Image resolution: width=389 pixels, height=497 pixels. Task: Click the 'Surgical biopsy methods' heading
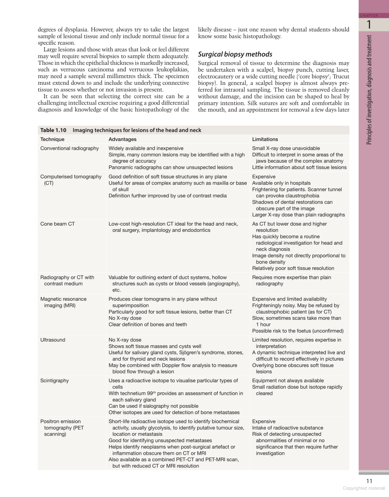(235, 54)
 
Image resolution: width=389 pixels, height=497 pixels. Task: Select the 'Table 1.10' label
(53, 130)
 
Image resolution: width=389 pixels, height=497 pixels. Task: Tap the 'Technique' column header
(52, 139)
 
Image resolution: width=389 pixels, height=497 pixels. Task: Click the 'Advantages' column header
(122, 139)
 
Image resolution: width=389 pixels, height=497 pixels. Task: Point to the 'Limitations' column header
(265, 139)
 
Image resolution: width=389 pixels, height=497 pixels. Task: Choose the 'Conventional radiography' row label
(70, 148)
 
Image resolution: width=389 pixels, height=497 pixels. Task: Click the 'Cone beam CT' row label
(57, 224)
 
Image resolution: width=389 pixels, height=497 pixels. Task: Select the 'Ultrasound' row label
(53, 340)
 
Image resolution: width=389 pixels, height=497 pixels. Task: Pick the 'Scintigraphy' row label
(54, 381)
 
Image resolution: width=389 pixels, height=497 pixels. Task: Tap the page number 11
(369, 481)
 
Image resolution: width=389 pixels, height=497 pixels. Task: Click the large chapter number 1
(369, 25)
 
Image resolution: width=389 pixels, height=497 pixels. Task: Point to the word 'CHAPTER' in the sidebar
(369, 16)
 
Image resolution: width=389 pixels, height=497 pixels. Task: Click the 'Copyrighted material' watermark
(363, 488)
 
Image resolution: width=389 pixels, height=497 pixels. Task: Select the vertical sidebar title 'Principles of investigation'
(369, 90)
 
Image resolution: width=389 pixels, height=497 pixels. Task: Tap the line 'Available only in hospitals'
(281, 183)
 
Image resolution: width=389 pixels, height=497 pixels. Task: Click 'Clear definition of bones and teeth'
(148, 324)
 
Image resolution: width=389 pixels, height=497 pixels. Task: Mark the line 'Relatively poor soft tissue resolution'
(293, 268)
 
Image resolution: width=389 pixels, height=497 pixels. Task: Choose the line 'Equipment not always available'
(288, 381)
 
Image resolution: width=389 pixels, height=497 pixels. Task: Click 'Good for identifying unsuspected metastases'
(160, 440)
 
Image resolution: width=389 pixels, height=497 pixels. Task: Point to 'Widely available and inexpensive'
(146, 148)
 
